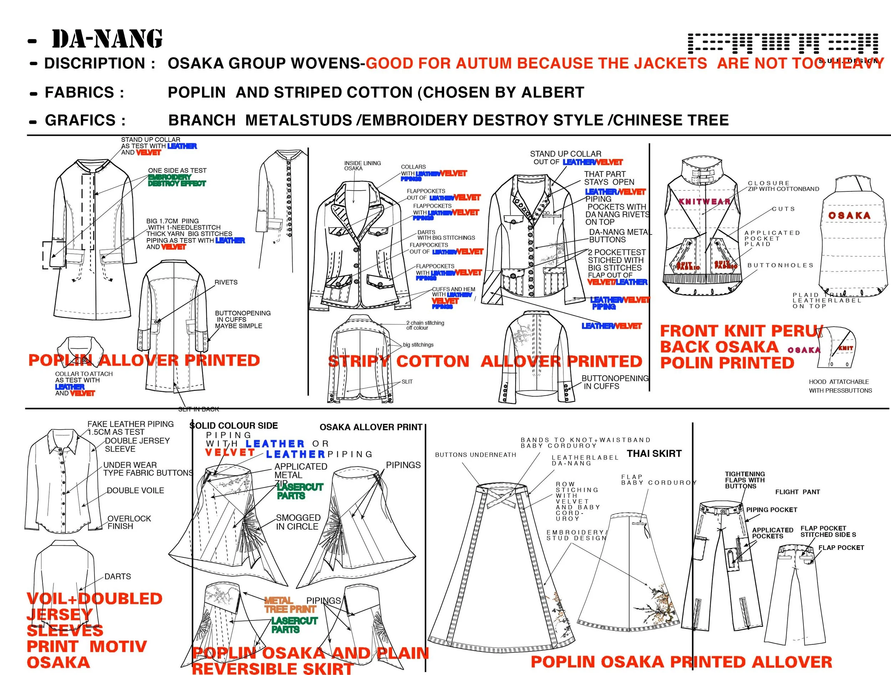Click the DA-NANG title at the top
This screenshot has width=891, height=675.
pyautogui.click(x=107, y=40)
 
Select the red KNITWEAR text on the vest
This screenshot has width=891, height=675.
pyautogui.click(x=705, y=202)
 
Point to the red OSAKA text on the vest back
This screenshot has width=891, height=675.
pyautogui.click(x=849, y=216)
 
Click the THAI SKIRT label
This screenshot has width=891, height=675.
pyautogui.click(x=654, y=453)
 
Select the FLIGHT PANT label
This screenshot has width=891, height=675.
pyautogui.click(x=797, y=492)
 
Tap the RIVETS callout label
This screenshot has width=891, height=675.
pyautogui.click(x=226, y=282)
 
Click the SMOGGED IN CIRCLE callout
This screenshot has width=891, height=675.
pyautogui.click(x=298, y=522)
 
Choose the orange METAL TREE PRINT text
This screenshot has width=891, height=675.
pyautogui.click(x=290, y=605)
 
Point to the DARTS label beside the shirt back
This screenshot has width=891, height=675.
pyautogui.click(x=118, y=577)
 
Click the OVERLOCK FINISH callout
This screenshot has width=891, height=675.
pyautogui.click(x=129, y=522)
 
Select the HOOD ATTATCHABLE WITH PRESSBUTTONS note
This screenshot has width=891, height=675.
pyautogui.click(x=840, y=386)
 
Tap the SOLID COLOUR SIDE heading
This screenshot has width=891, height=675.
pyautogui.click(x=234, y=426)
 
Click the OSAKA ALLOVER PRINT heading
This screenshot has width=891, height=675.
pyautogui.click(x=371, y=427)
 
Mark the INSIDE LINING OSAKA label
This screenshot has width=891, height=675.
pyautogui.click(x=362, y=165)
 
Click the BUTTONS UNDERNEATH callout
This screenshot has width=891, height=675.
pyautogui.click(x=475, y=455)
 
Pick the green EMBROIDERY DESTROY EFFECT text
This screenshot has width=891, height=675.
pyautogui.click(x=177, y=180)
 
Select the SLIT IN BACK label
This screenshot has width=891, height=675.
pyautogui.click(x=199, y=409)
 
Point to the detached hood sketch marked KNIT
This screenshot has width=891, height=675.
pyautogui.click(x=836, y=347)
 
